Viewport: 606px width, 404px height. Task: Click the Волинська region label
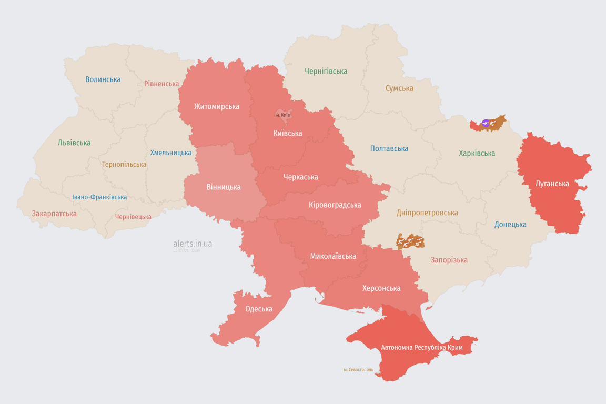pos(103,79)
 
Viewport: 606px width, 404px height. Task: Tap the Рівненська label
pos(161,84)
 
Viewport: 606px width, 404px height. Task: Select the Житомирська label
pos(216,106)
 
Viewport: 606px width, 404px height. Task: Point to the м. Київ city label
pos(283,115)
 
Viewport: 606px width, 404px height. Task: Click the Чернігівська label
pos(326,71)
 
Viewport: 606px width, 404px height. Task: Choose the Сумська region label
pos(399,88)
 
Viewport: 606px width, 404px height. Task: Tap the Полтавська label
pos(389,148)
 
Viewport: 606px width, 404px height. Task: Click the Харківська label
pos(477,153)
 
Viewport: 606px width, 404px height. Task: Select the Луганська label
pos(552,184)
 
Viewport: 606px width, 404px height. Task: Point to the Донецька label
pos(510,224)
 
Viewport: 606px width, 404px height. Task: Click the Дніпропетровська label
pos(427,213)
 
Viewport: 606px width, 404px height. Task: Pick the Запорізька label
pos(449,260)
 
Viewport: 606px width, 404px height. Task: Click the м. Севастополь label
pos(358,369)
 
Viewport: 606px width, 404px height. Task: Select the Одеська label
pos(259,309)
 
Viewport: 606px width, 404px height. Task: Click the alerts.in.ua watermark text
pos(193,244)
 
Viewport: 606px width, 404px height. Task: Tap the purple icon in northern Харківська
pos(486,124)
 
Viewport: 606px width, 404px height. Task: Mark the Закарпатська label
pos(54,214)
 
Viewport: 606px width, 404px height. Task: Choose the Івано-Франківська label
pos(99,197)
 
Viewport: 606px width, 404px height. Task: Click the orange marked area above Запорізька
pos(410,241)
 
